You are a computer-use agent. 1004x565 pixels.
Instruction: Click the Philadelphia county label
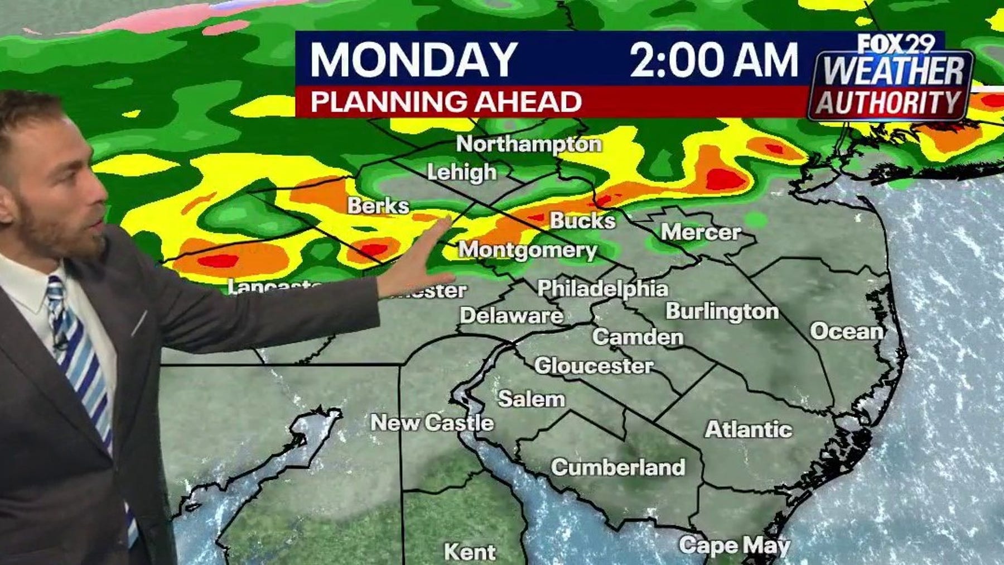[602, 289]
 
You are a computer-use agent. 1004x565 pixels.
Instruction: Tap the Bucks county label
[582, 221]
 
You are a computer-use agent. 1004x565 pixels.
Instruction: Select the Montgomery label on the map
[527, 250]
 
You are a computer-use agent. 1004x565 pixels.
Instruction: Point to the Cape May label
[734, 545]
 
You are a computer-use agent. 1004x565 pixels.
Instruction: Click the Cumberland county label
[618, 467]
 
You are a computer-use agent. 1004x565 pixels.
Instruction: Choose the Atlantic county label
[748, 429]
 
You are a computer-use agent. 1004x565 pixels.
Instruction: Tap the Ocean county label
[847, 331]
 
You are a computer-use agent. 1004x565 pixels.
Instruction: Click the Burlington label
[722, 311]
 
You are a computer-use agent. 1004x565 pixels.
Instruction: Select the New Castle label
[432, 423]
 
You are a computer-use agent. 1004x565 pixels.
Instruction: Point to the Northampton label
[529, 144]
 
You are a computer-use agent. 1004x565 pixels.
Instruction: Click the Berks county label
[378, 205]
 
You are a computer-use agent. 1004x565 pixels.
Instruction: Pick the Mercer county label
[701, 232]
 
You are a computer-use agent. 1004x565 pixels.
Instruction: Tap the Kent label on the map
[470, 552]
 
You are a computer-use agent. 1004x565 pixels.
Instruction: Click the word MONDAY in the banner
[413, 59]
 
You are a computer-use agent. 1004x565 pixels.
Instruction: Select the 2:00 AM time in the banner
[714, 59]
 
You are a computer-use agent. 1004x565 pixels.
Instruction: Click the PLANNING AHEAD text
[446, 102]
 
